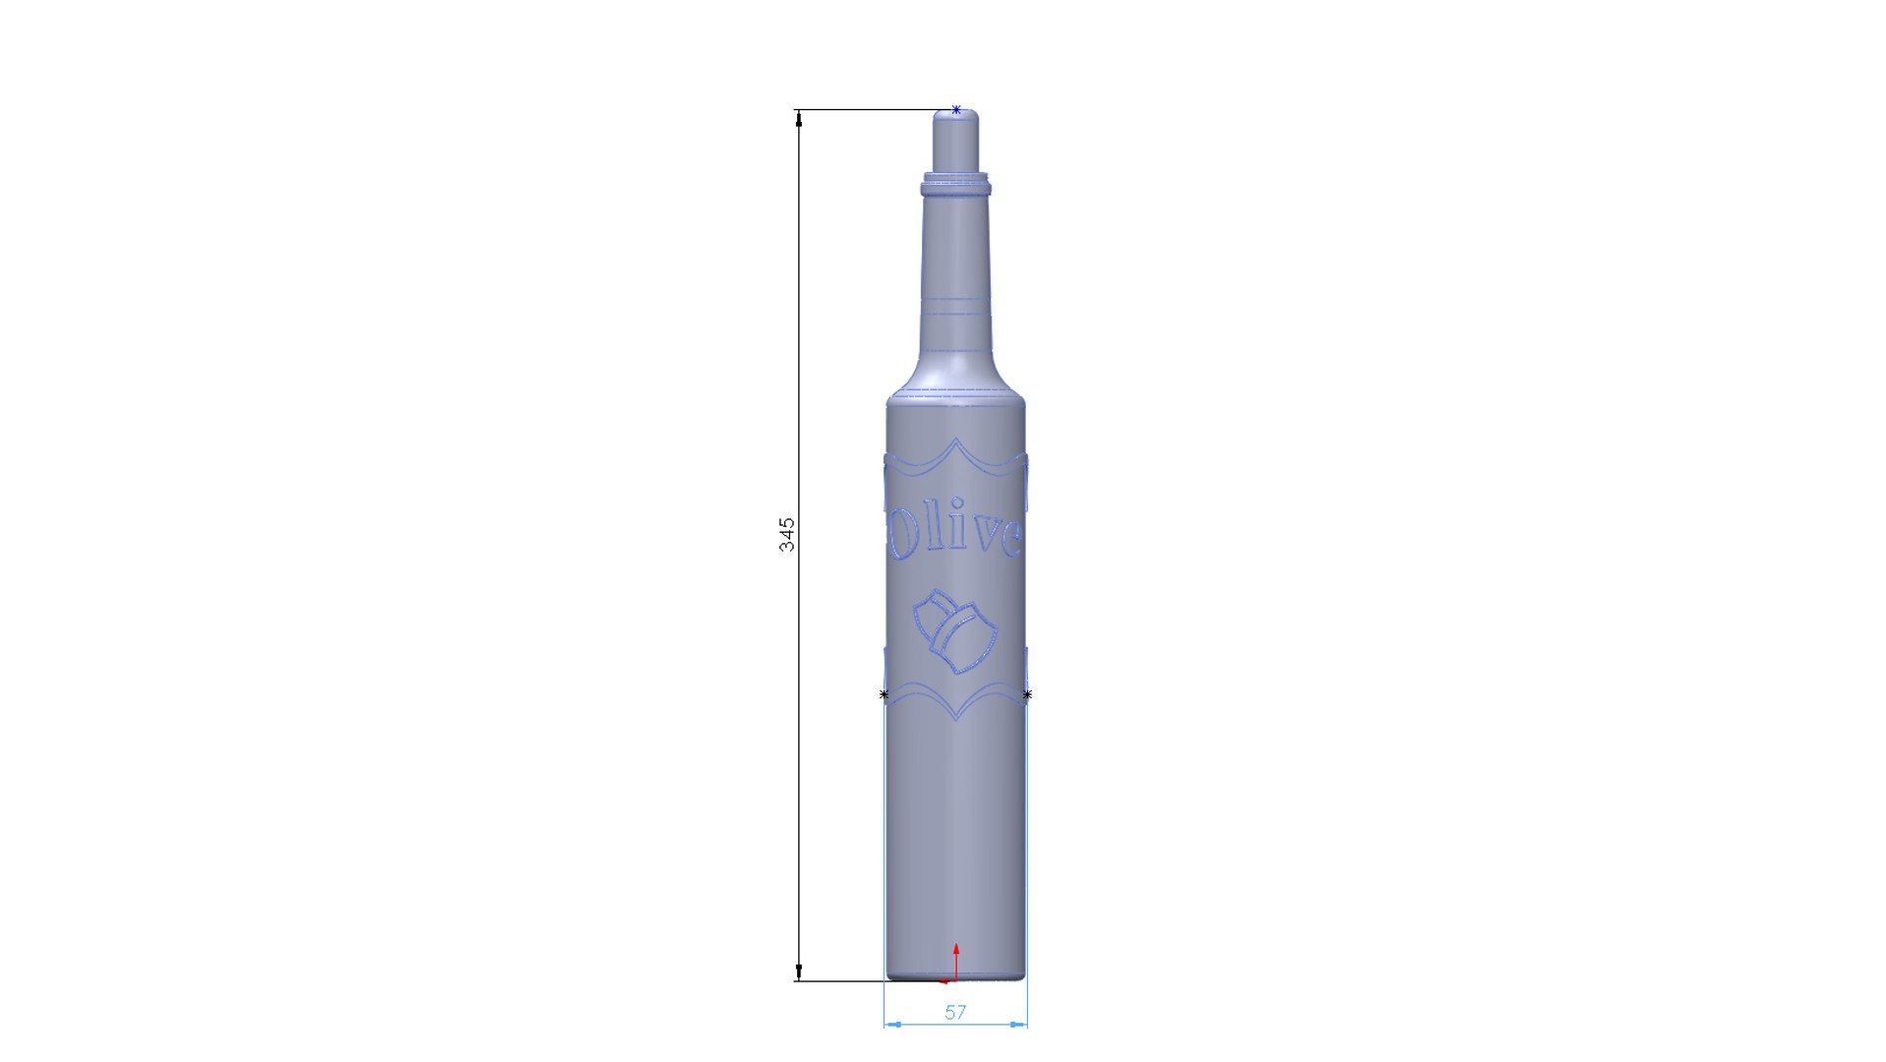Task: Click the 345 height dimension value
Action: pos(787,534)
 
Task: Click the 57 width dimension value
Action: pos(955,1012)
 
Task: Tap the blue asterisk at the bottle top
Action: pos(956,110)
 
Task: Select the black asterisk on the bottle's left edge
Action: pos(884,695)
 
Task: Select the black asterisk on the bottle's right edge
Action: pos(1027,695)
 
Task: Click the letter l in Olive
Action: pos(938,531)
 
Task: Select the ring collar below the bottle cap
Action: pos(955,185)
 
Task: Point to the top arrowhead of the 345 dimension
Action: pos(799,119)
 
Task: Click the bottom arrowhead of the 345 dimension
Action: pos(799,973)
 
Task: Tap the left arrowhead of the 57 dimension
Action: pos(891,1025)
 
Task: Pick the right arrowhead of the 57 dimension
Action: pos(1019,1025)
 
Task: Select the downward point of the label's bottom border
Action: pos(956,718)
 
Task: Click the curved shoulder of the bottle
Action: pos(955,379)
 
